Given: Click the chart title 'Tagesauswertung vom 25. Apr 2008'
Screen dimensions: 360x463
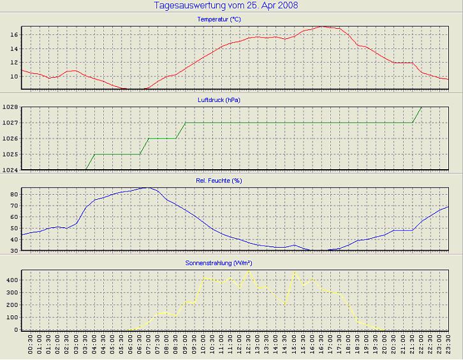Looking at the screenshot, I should coord(226,6).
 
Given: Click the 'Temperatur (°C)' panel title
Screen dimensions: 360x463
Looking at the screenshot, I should coord(228,19).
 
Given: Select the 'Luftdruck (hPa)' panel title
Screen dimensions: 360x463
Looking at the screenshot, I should coord(227,100).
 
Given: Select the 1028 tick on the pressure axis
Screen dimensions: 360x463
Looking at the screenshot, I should coord(10,107).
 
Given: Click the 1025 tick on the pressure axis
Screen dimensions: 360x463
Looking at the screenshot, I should coord(10,154).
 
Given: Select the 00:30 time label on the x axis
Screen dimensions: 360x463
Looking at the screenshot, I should coord(31,348).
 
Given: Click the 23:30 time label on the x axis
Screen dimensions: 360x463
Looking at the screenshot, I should coord(449,348).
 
